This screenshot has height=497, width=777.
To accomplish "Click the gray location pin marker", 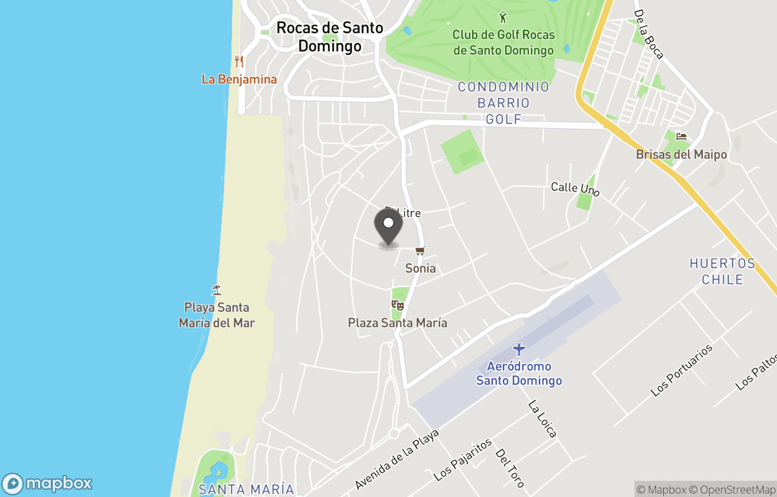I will point(388,226).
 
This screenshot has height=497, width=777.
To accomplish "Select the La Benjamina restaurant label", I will point(239,79).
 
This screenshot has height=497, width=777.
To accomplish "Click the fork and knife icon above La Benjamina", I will point(239,62).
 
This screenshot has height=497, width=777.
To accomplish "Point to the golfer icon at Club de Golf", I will point(503,17).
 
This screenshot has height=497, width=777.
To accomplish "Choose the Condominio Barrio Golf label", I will point(504,103).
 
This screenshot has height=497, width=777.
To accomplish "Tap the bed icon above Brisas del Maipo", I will point(681,137).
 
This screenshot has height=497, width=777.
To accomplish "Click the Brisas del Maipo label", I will point(681,155).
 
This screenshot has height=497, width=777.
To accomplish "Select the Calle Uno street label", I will point(575,189).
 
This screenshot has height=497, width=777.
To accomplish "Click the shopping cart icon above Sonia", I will point(420,251).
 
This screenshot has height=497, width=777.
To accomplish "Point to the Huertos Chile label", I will point(722,271).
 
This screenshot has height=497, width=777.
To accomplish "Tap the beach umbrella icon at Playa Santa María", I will point(217,290).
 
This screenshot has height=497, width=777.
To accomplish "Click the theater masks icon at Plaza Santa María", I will point(397,305).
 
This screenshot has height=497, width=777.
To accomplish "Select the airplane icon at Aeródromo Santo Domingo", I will point(519,349).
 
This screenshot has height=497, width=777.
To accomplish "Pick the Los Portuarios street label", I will point(681,370).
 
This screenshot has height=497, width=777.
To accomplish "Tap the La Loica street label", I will point(542,419).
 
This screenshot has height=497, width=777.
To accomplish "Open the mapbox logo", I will point(47,483).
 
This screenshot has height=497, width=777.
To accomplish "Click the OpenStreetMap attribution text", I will point(732,490).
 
